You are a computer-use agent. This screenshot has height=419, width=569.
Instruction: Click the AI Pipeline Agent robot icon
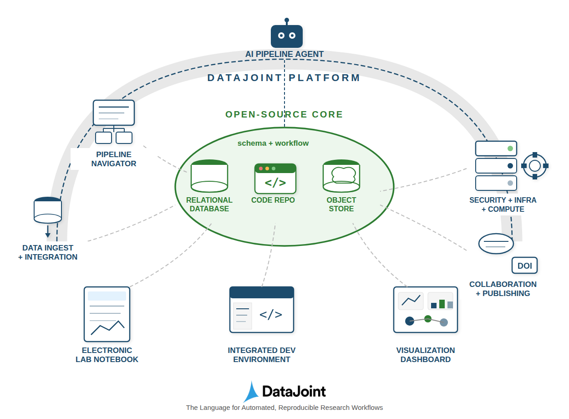click(286, 36)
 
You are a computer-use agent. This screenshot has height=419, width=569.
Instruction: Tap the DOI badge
click(524, 266)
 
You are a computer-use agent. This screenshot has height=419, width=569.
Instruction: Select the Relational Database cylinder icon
click(209, 176)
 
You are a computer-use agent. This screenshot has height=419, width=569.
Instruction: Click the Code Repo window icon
click(275, 179)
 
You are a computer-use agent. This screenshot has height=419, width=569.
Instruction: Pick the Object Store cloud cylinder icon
click(341, 176)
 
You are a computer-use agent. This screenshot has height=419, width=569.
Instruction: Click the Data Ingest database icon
click(48, 211)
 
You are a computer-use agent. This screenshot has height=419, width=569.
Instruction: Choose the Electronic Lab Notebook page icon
click(107, 314)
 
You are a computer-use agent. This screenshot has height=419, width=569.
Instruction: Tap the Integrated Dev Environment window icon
click(261, 309)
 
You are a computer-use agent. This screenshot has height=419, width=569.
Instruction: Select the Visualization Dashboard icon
click(425, 309)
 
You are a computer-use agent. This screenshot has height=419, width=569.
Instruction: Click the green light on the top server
click(510, 148)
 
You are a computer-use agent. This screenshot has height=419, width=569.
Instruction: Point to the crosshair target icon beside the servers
click(534, 166)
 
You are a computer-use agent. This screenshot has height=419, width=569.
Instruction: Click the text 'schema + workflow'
click(273, 143)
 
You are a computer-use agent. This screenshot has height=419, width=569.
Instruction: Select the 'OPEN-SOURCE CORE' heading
click(284, 114)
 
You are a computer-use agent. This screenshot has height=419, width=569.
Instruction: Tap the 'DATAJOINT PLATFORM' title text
click(284, 78)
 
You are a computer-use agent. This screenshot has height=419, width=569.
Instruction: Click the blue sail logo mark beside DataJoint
click(252, 392)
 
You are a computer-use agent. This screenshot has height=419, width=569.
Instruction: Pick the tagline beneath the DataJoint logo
click(284, 408)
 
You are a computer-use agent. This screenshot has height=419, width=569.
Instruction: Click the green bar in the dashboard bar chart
click(442, 304)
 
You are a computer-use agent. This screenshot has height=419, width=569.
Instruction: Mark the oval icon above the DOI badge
click(496, 244)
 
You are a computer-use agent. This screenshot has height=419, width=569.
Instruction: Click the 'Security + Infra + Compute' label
click(503, 204)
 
